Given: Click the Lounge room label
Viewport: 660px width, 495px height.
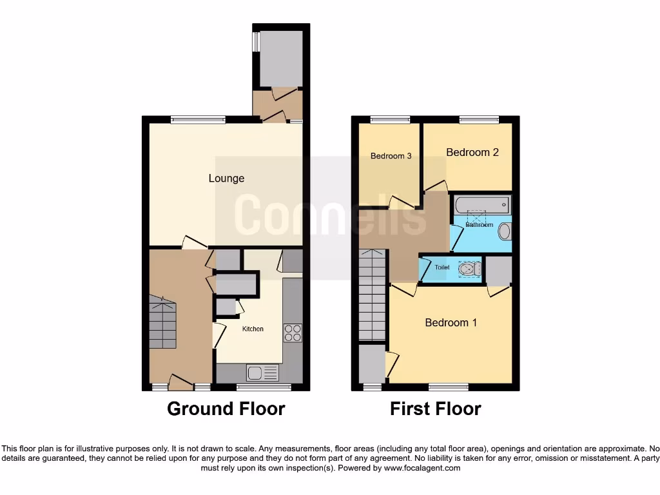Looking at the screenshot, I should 226,178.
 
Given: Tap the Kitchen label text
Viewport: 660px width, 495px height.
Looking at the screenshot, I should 253,329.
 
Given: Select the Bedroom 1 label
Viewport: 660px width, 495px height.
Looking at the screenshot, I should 451,322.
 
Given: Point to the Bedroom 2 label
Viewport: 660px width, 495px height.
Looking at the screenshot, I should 472,152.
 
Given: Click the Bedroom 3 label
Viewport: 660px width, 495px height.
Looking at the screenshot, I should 391,156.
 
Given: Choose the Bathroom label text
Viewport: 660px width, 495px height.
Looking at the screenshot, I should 480,225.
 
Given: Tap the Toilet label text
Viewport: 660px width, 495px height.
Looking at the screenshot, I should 442,267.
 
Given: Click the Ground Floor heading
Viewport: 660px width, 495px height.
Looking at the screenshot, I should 226,409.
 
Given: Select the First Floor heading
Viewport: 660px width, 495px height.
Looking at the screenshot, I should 435,409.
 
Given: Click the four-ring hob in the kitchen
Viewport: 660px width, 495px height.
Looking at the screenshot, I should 293,332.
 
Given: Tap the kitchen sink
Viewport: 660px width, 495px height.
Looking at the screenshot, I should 262,373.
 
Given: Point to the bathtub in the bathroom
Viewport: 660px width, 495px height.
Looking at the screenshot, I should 481,205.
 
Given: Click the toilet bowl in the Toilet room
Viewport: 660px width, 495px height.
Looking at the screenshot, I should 468,269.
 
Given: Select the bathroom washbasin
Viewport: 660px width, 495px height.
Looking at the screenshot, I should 505,231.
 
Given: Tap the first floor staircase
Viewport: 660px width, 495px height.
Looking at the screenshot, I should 372,296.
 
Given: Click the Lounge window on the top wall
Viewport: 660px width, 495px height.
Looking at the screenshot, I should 198,119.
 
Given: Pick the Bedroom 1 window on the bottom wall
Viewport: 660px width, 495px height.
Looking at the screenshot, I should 449,387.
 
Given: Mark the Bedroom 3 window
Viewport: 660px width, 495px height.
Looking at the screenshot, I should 390,119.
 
